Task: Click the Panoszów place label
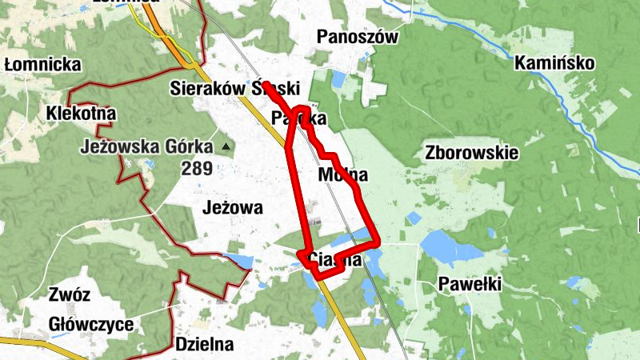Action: point(357,36)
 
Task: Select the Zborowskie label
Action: point(473,152)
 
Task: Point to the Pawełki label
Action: point(470,283)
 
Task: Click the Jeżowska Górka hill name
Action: point(147,147)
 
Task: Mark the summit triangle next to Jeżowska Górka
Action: point(226,146)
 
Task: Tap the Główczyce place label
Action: point(90,325)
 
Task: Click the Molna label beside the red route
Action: point(342,174)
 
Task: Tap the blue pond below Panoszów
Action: point(339,79)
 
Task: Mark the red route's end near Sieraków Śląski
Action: point(265,84)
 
